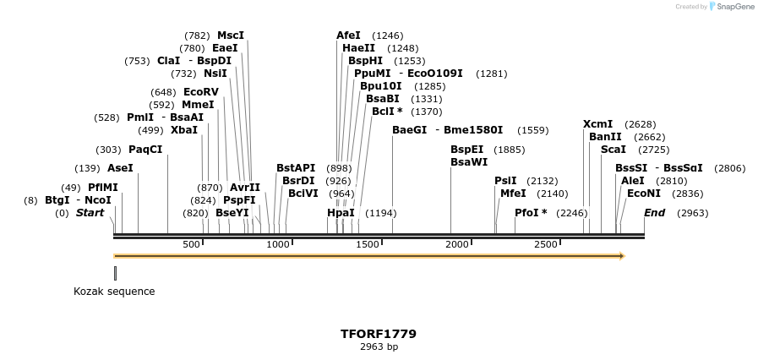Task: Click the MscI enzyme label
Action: click(230, 35)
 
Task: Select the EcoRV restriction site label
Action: click(200, 92)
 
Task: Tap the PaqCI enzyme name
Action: click(145, 150)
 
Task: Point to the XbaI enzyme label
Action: click(183, 130)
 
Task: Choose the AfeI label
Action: click(348, 35)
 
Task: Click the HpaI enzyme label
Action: click(341, 213)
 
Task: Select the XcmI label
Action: click(597, 124)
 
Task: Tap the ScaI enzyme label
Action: click(613, 150)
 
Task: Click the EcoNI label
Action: click(643, 194)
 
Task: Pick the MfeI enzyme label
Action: click(512, 194)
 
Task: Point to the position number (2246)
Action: click(571, 213)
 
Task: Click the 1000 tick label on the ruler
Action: click(278, 244)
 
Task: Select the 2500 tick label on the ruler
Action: click(546, 244)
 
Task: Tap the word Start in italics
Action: click(90, 213)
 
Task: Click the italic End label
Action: click(654, 213)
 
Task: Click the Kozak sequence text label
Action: click(114, 292)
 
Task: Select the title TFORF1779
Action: click(379, 334)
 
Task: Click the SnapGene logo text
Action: click(736, 7)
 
